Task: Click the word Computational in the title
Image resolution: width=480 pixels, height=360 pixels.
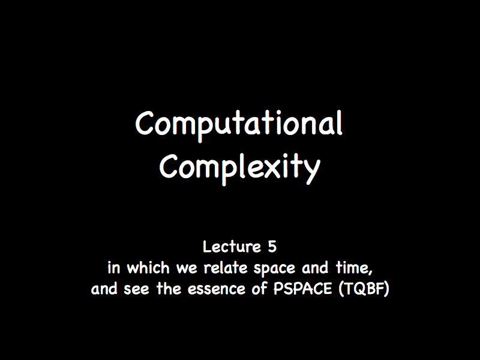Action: pyautogui.click(x=238, y=125)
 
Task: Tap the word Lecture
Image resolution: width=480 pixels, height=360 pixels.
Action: pyautogui.click(x=232, y=247)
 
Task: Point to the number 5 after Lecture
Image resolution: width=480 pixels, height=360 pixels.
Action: pyautogui.click(x=272, y=247)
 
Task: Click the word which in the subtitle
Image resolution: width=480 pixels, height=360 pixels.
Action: pyautogui.click(x=148, y=268)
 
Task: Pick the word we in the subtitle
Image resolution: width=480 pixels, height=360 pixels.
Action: pyautogui.click(x=187, y=269)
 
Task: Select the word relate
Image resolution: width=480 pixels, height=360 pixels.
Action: pyautogui.click(x=226, y=268)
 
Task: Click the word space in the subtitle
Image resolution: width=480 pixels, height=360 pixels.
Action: pyautogui.click(x=274, y=269)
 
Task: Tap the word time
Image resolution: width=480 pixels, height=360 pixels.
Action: pyautogui.click(x=352, y=268)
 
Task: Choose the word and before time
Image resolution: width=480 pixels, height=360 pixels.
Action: pyautogui.click(x=315, y=268)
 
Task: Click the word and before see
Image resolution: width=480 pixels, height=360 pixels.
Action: pyautogui.click(x=104, y=289)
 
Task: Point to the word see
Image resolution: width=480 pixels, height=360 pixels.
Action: pyautogui.click(x=136, y=290)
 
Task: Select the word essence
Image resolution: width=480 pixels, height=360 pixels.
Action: pyautogui.click(x=217, y=290)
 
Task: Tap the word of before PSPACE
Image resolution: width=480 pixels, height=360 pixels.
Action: pyautogui.click(x=259, y=289)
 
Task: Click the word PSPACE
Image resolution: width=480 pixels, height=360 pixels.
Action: pyautogui.click(x=302, y=289)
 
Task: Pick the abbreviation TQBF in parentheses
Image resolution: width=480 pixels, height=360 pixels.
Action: pyautogui.click(x=364, y=289)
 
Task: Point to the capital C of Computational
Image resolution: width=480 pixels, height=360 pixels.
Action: pyautogui.click(x=145, y=123)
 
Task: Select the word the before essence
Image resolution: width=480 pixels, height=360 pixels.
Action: pyautogui.click(x=169, y=289)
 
